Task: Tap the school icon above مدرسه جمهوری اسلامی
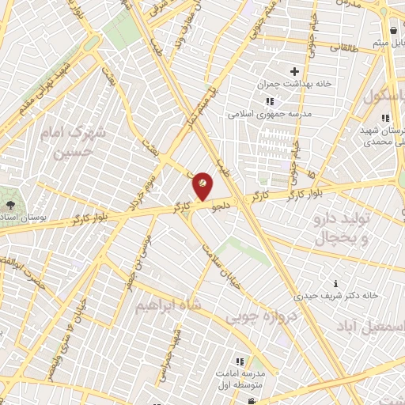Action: point(270,101)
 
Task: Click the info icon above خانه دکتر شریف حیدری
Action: point(337,283)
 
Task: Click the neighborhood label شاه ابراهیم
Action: point(167,305)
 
